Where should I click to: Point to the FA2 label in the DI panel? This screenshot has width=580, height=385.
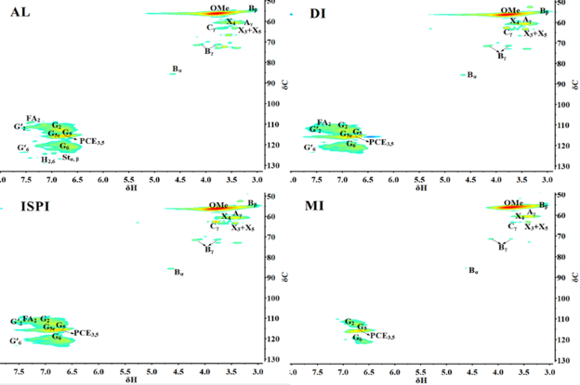point(323,122)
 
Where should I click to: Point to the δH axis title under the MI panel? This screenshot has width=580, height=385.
point(421,379)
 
